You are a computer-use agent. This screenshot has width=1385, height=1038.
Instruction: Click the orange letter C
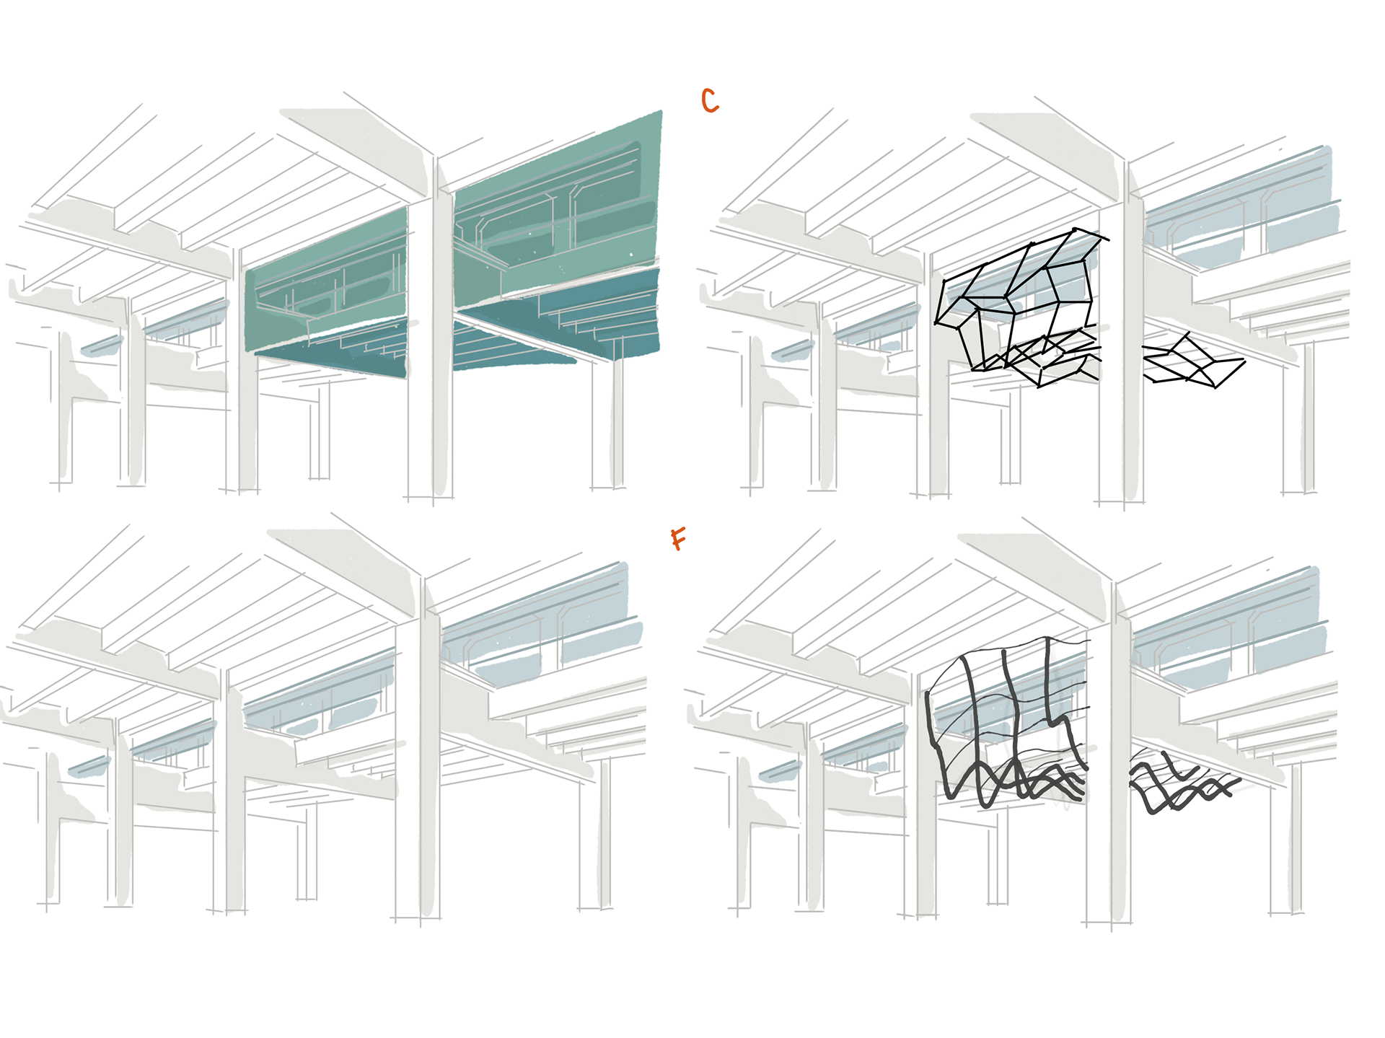[710, 101]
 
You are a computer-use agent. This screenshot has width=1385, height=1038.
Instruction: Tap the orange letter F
[678, 538]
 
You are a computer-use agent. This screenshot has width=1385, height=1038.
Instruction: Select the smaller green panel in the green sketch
[328, 296]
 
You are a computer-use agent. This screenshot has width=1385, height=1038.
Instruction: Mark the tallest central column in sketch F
[1120, 757]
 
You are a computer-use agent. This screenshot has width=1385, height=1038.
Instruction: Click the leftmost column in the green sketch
[65, 411]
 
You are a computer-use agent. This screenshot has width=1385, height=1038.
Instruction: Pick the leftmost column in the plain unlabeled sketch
[52, 830]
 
